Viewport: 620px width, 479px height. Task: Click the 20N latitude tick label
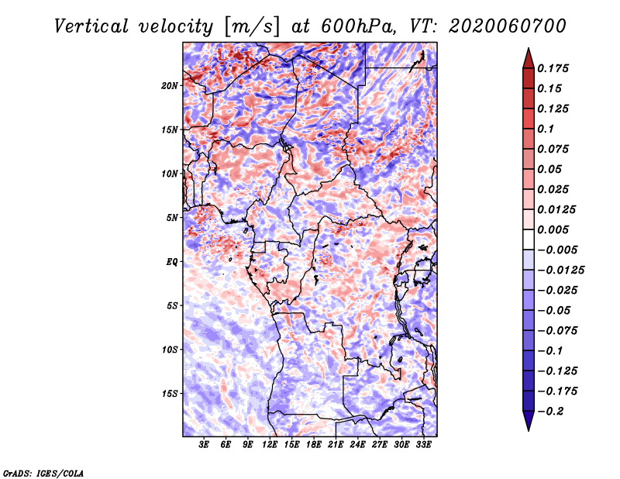tap(170, 86)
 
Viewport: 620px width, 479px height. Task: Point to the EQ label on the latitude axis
tap(172, 262)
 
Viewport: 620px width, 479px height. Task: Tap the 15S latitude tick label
tap(170, 394)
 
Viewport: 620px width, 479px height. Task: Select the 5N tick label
tap(172, 218)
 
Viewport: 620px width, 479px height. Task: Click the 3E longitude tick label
tap(204, 444)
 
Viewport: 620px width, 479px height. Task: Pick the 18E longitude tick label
tap(314, 444)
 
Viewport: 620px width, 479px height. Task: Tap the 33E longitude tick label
tap(423, 444)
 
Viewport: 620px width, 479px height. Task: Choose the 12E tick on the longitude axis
tap(270, 444)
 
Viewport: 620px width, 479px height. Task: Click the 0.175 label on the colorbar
tap(553, 68)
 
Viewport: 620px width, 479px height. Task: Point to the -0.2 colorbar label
tap(550, 412)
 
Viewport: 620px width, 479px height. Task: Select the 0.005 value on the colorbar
tap(553, 229)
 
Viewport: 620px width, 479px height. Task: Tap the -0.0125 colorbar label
tap(560, 271)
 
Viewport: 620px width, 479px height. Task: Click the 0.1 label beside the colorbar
tap(546, 129)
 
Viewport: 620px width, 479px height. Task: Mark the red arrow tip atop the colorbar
tap(529, 48)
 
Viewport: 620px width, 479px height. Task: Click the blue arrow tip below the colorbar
tap(529, 430)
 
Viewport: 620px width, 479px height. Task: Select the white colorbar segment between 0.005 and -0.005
tap(529, 239)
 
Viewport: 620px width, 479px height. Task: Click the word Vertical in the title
tap(91, 26)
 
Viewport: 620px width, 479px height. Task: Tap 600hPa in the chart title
tap(358, 26)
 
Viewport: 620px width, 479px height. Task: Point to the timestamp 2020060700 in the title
tap(508, 26)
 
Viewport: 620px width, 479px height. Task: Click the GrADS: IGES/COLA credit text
tap(43, 473)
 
